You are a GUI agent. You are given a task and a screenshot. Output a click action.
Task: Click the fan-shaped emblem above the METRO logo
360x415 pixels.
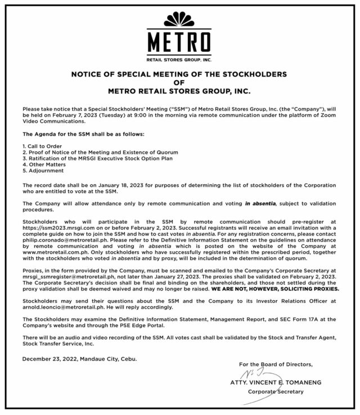[x=179, y=22]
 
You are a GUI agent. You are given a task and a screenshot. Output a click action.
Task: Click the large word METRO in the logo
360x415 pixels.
[x=179, y=42]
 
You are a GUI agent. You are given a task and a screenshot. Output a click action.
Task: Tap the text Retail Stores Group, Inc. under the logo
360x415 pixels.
[x=179, y=59]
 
